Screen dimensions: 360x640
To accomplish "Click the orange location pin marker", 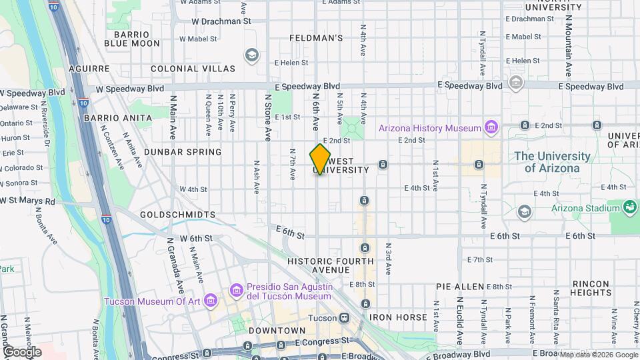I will pos(320,159).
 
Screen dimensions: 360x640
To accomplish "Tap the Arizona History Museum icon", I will pos(491,127).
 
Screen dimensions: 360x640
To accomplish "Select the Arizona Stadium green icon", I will pos(629,207).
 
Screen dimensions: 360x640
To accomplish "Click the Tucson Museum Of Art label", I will pos(152,301).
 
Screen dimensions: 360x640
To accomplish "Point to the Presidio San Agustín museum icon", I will pos(235,290).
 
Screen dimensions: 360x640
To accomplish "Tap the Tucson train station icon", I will pos(345,317).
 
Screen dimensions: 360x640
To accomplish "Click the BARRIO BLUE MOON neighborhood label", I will pos(136,39).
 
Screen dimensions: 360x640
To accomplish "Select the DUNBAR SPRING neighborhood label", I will pos(177,152).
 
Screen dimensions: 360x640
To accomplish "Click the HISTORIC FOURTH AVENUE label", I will pos(319,265).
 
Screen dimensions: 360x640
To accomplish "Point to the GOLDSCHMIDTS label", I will pos(177,215).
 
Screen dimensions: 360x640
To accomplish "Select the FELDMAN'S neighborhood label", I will pos(317,38).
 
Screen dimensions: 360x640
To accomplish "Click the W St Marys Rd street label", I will pos(28,201).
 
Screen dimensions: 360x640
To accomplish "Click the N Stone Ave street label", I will pos(267,117).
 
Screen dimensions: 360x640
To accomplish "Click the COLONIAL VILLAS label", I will pos(193,69).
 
